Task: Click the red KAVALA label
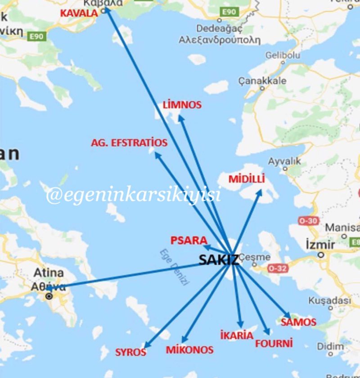(x=79, y=13)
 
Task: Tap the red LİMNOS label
(x=182, y=105)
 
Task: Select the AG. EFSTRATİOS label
(x=129, y=143)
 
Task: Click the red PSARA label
(x=189, y=240)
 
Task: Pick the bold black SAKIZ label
(x=219, y=260)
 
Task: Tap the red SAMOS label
(x=298, y=322)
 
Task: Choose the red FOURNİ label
(x=274, y=343)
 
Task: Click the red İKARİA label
(x=237, y=335)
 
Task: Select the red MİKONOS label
(x=189, y=350)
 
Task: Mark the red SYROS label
(x=131, y=352)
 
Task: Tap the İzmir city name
(x=320, y=245)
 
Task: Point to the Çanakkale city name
(x=262, y=81)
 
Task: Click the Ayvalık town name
(x=284, y=161)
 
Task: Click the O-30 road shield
(x=308, y=220)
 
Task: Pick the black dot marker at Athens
(x=49, y=297)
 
